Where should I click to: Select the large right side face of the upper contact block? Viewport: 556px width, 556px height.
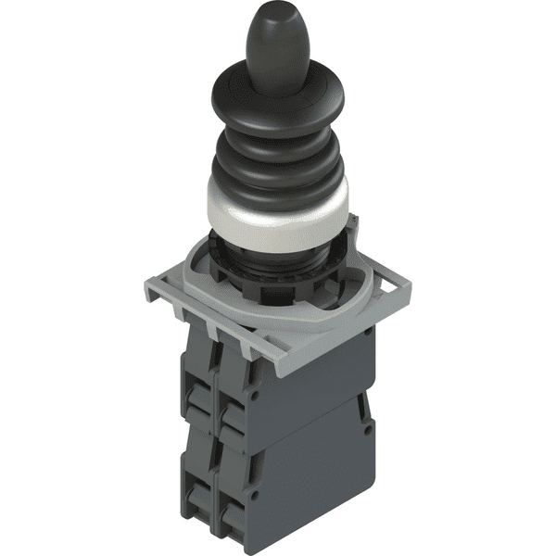pos(324,380)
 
